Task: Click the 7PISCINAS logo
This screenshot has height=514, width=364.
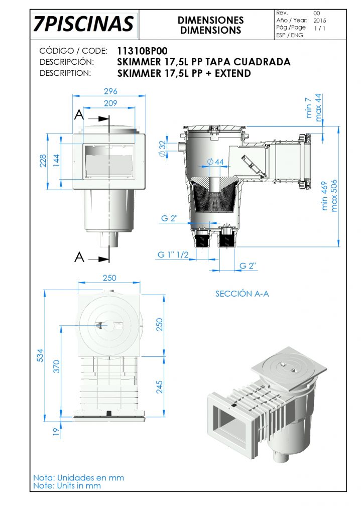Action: (x=84, y=24)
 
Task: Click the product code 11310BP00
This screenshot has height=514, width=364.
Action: (x=142, y=51)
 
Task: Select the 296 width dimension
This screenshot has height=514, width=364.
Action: (x=110, y=91)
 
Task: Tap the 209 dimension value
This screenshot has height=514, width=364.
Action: (x=110, y=103)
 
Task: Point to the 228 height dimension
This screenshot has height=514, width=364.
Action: (x=43, y=161)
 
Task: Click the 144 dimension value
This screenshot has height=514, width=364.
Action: (x=56, y=161)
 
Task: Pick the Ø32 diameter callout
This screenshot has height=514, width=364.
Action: (x=163, y=149)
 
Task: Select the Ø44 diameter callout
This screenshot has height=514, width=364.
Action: (x=215, y=162)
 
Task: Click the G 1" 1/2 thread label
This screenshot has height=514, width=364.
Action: (x=173, y=254)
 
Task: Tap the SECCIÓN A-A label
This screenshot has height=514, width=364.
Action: (x=242, y=294)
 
